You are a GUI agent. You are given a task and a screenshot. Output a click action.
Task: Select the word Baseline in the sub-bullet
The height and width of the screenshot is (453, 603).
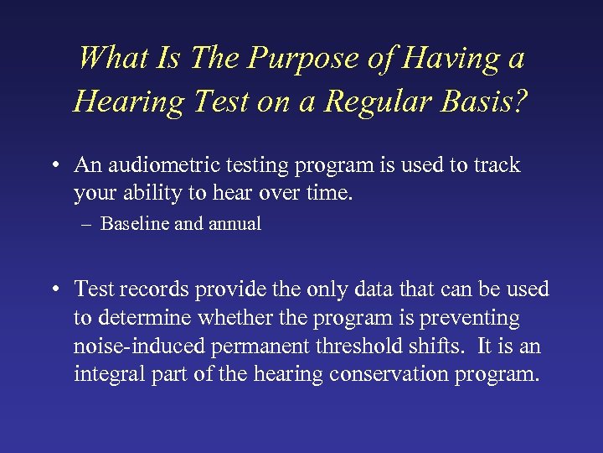click(x=135, y=224)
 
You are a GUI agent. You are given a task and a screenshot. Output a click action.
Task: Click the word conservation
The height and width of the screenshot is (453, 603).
click(x=389, y=374)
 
